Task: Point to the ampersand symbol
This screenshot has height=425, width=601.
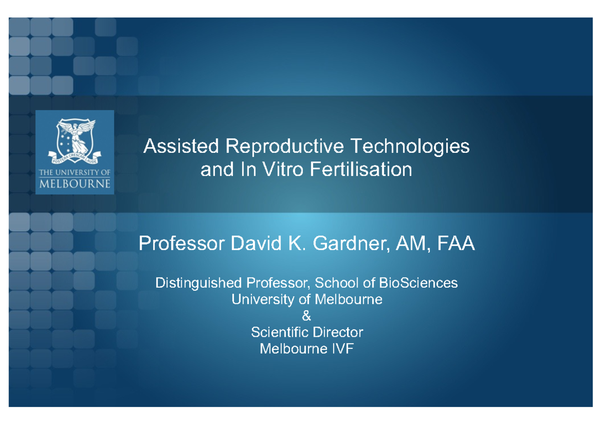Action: [x=307, y=316]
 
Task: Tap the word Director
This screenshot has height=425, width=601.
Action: [x=338, y=332]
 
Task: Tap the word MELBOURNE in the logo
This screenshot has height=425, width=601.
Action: [x=75, y=183]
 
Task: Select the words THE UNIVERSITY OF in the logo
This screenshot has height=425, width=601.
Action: [x=75, y=172]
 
